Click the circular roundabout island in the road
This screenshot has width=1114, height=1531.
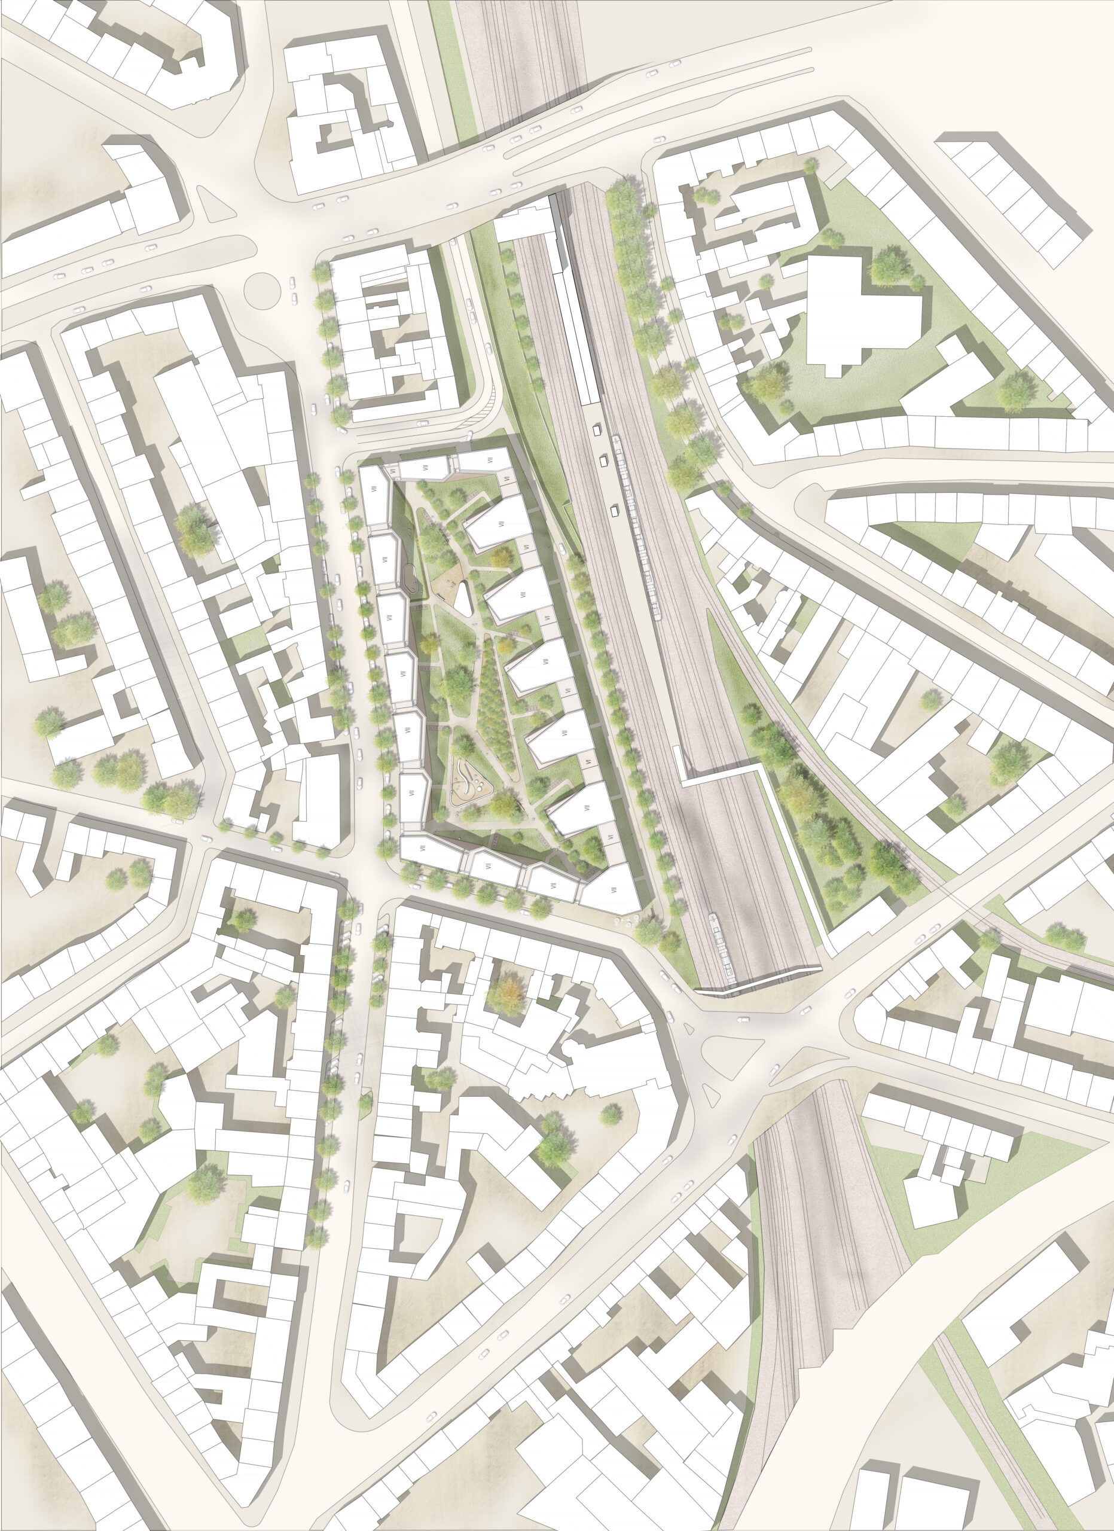263,289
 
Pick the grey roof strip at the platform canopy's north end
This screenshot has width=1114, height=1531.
557,206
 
